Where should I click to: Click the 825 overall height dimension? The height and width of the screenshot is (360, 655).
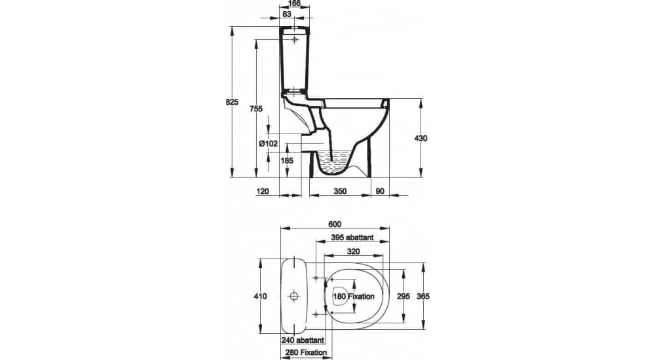click(232, 102)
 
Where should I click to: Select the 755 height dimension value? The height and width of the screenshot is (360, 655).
click(256, 109)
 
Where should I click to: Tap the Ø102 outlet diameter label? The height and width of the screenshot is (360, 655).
click(268, 143)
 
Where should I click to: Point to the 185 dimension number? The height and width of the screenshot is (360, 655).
click(287, 160)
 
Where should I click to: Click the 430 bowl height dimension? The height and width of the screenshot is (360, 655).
click(421, 138)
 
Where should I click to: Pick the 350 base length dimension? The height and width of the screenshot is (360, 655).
click(341, 191)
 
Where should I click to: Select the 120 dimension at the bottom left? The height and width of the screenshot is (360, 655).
click(263, 191)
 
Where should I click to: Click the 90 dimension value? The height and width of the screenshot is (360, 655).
click(380, 191)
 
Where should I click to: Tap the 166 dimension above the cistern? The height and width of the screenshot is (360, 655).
click(295, 4)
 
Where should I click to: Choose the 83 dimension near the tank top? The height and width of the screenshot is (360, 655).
click(287, 14)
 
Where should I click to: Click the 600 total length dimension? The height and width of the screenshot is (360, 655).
click(335, 224)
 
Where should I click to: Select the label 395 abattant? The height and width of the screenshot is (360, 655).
click(352, 238)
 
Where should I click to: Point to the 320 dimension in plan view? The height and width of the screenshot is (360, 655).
click(354, 252)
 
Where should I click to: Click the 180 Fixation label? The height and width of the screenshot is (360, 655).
click(354, 297)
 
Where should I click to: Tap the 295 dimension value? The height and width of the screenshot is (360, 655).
click(403, 297)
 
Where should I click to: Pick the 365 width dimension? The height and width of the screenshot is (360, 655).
click(423, 297)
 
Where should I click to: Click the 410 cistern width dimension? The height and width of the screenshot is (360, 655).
click(260, 297)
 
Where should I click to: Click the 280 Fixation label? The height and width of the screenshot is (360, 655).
click(306, 353)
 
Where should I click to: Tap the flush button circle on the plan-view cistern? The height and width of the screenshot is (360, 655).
click(295, 297)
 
